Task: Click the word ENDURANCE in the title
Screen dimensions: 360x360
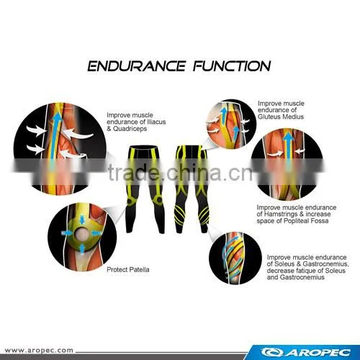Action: [x=137, y=66]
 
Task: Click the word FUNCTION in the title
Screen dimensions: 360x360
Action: [x=232, y=66]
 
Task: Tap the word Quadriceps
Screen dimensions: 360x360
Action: [x=130, y=129]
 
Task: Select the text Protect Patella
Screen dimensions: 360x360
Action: [x=128, y=269]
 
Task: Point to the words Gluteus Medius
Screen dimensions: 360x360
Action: [x=281, y=117]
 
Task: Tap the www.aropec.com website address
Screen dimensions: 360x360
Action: [x=39, y=350]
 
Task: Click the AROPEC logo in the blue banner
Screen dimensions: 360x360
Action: [x=306, y=352]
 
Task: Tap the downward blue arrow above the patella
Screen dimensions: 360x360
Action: [x=82, y=220]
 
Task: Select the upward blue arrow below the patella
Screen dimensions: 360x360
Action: [x=82, y=248]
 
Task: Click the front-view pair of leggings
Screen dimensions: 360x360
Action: [x=145, y=189]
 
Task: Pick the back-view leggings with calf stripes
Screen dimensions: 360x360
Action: [x=192, y=189]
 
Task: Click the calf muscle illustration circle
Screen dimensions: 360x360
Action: [x=235, y=258]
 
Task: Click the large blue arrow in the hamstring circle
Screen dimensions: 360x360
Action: [x=289, y=149]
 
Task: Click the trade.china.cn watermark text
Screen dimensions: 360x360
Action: [x=181, y=173]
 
